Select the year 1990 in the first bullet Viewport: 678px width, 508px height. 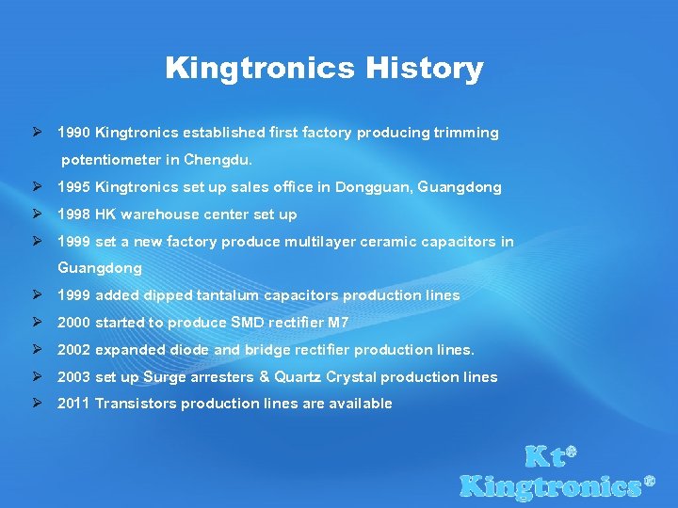(74, 133)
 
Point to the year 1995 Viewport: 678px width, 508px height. (74, 187)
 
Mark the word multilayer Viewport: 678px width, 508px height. (272, 242)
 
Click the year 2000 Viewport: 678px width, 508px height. (74, 323)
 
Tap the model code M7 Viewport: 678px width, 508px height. (338, 323)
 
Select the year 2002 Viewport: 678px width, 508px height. (74, 350)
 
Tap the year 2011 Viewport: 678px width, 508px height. (74, 404)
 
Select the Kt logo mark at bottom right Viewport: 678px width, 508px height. (550, 457)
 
